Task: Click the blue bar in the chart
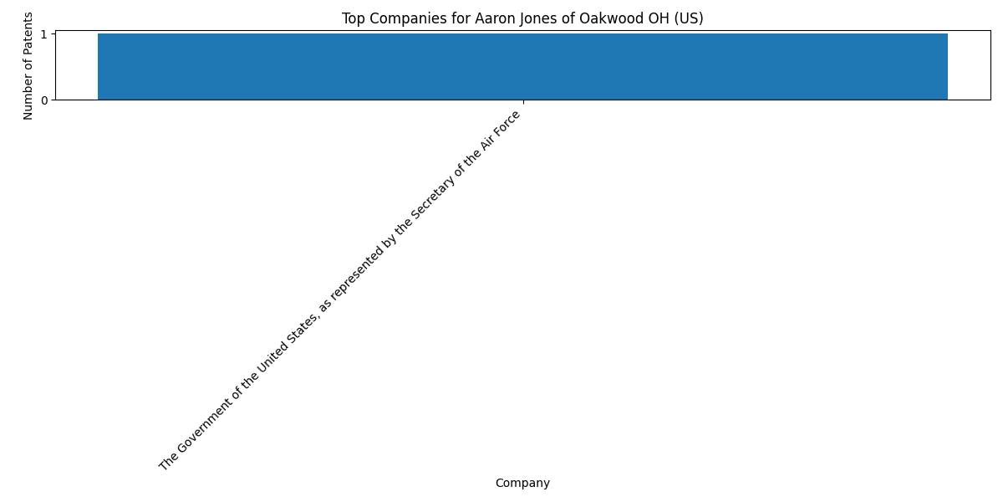coord(522,66)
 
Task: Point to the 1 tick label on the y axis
coord(43,34)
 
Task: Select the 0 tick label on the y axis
coord(44,100)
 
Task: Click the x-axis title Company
coord(522,484)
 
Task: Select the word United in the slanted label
coord(273,361)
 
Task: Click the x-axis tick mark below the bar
coord(523,102)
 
